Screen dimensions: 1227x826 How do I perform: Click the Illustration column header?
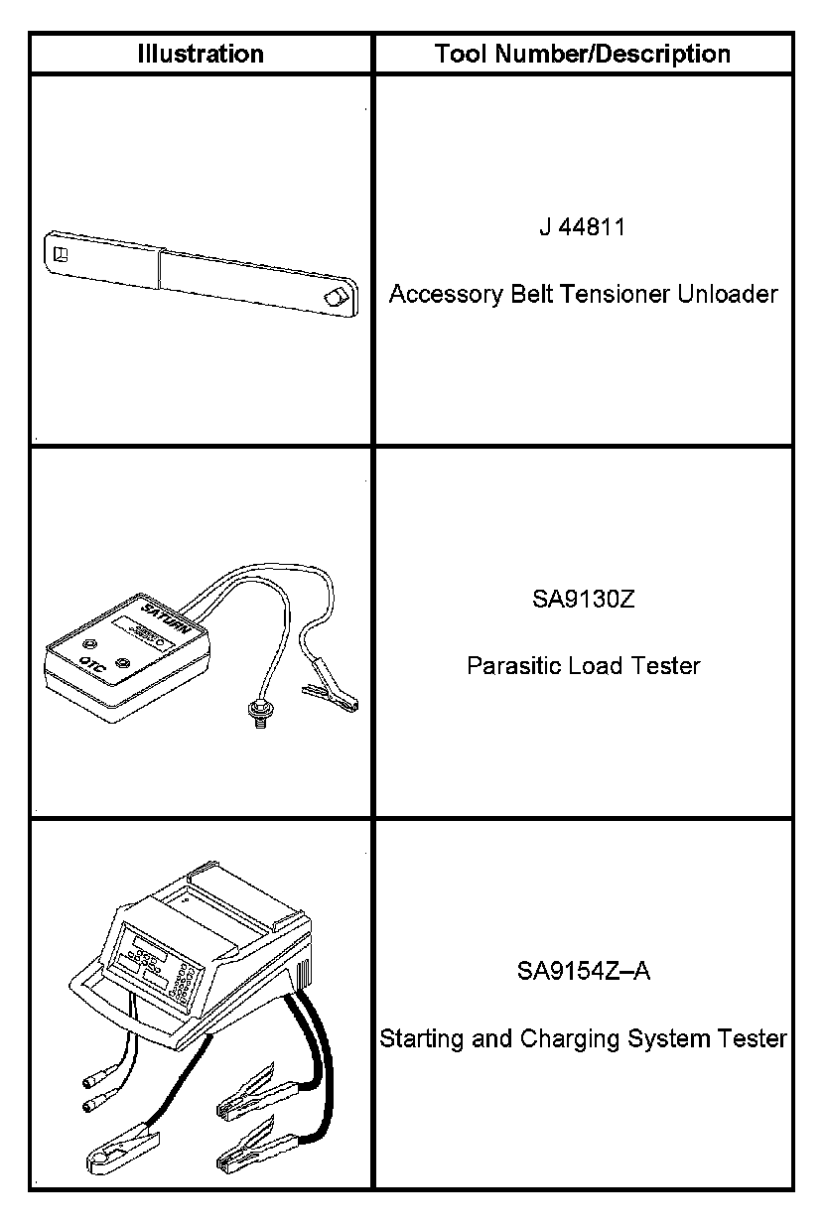[201, 54]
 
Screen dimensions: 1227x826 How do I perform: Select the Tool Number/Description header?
[583, 54]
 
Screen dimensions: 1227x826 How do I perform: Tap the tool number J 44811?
[583, 227]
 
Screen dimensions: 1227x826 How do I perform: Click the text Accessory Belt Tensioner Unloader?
[583, 295]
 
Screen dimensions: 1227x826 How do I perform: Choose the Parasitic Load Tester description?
[583, 665]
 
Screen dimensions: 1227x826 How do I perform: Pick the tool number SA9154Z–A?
[583, 971]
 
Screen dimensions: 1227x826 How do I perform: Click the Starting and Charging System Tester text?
[583, 1039]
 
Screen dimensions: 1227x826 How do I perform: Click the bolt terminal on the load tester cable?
[254, 711]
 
